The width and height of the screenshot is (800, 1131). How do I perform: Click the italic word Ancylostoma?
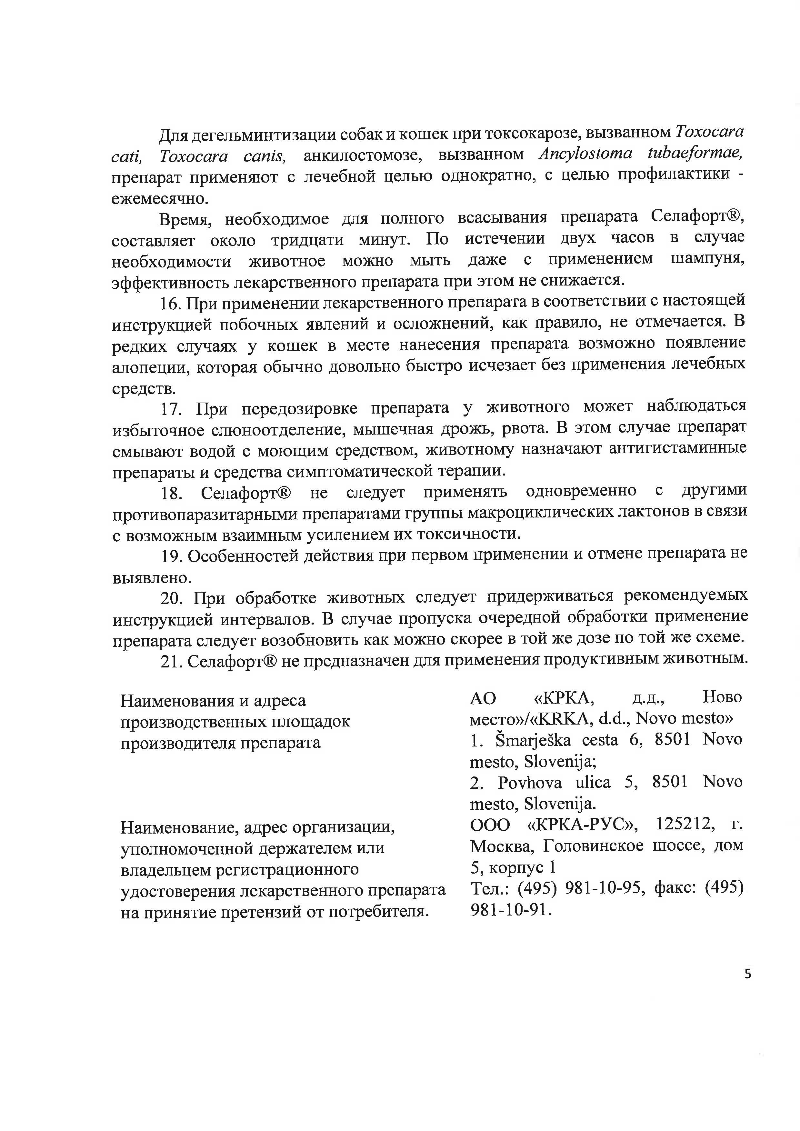click(x=585, y=154)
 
